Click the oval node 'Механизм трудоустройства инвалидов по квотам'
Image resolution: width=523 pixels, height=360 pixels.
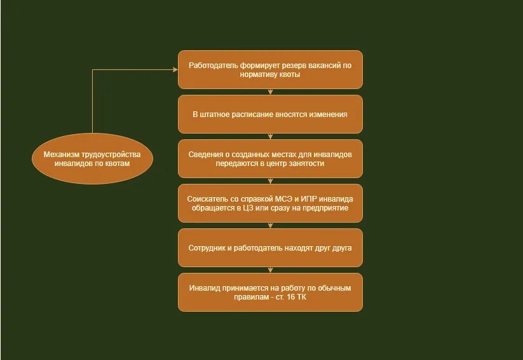tap(92, 159)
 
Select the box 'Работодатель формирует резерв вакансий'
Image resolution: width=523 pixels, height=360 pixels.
tap(270, 69)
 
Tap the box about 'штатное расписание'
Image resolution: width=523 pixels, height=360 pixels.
tap(270, 114)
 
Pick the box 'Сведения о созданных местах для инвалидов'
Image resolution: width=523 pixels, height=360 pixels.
tap(270, 159)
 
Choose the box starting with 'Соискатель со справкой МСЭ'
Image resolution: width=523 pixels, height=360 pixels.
tap(270, 203)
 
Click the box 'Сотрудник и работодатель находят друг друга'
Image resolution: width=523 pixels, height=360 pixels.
tap(270, 247)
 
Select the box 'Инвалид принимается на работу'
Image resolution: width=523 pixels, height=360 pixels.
tap(270, 293)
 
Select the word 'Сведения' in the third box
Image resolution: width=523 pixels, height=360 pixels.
tap(205, 155)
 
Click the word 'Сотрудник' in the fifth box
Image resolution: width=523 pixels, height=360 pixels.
tap(207, 247)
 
